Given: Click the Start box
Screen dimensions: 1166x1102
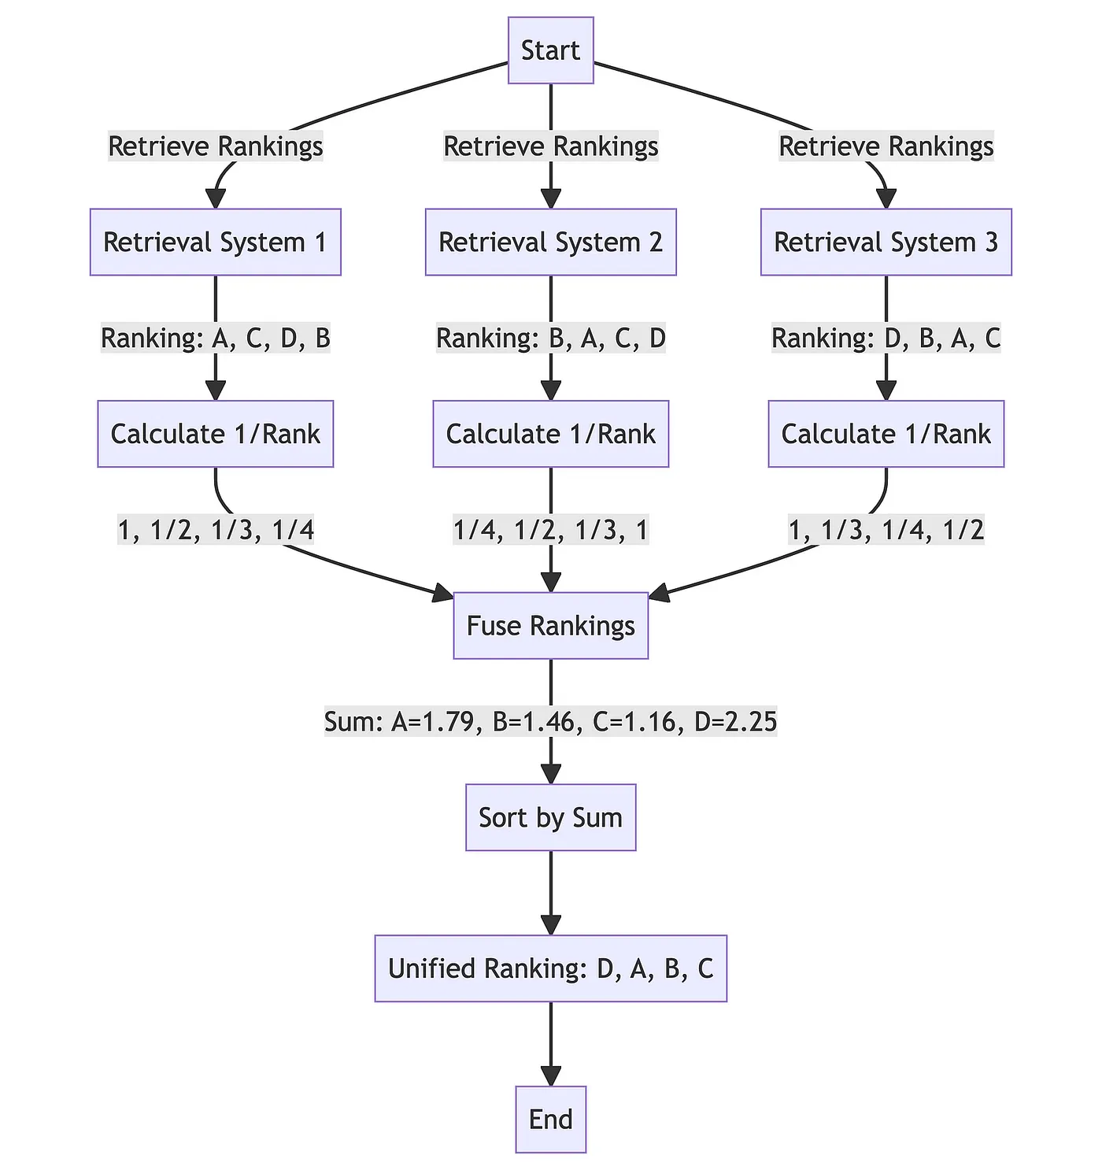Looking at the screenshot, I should [x=550, y=50].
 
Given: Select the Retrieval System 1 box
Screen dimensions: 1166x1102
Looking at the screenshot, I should [x=215, y=242].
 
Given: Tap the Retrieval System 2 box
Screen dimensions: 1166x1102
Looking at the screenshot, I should [x=550, y=242].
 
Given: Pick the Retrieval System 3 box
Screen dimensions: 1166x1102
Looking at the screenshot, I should [x=886, y=242].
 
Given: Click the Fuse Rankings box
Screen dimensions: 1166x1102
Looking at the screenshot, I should [x=550, y=626].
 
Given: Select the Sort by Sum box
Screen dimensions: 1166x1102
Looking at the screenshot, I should [x=550, y=817].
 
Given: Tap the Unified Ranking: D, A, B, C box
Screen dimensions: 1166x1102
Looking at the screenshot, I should [x=550, y=968].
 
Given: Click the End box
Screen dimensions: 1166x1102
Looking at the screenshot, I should [x=550, y=1119].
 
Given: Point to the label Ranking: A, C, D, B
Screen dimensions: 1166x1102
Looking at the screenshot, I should [x=215, y=339].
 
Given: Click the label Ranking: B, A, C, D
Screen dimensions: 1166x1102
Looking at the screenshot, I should [x=550, y=339].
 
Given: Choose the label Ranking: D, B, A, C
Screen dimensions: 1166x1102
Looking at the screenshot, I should [x=886, y=339].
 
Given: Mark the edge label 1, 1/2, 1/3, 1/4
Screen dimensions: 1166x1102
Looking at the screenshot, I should [x=215, y=531].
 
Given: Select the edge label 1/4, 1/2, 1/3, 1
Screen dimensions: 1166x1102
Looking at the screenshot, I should [x=550, y=531].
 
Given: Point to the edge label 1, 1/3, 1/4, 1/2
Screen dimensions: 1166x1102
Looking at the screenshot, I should [x=886, y=531].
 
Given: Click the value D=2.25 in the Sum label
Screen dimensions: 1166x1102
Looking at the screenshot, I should [x=738, y=722].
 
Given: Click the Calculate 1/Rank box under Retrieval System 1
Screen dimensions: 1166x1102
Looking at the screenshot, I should [x=215, y=434].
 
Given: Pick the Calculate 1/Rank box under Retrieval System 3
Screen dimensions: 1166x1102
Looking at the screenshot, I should [x=886, y=434].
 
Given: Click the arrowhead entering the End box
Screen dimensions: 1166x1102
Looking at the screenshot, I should [x=550, y=1076].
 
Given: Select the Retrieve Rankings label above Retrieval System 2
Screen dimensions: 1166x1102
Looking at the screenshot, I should [x=550, y=146].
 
